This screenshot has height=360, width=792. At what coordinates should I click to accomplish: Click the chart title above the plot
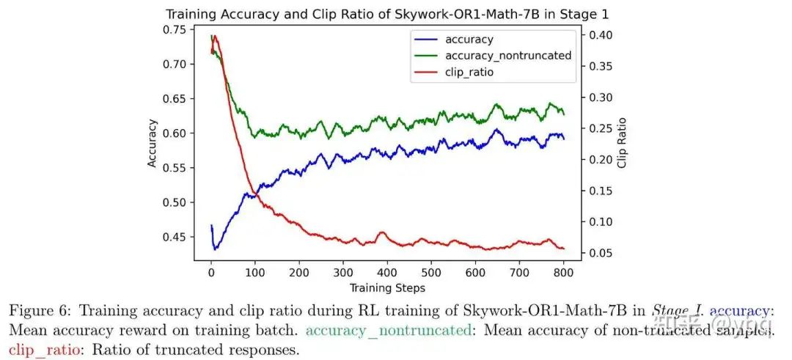387,13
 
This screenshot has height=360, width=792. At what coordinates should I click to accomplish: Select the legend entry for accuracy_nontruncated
507,55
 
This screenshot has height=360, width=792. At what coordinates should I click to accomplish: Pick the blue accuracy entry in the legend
469,40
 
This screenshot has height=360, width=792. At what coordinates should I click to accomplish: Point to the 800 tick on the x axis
563,273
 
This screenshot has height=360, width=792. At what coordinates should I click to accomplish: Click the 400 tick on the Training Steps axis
387,273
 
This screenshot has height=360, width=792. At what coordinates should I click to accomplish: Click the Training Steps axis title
387,287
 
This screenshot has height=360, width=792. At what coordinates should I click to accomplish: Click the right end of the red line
563,249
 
